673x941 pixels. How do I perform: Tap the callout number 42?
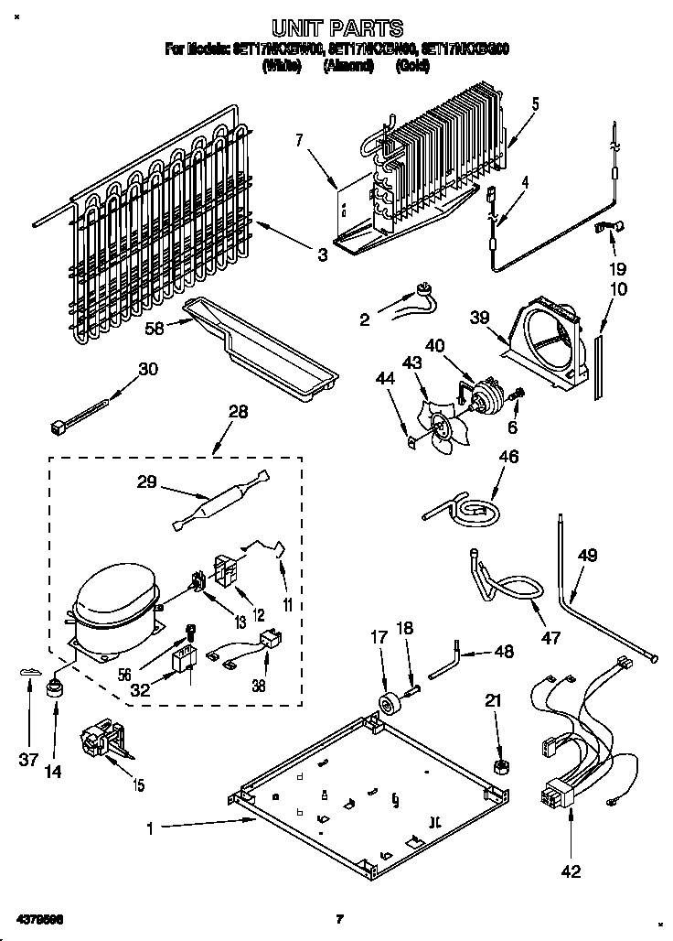click(x=570, y=872)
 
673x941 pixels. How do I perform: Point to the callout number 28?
click(x=238, y=413)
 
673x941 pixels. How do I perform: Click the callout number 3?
click(x=322, y=255)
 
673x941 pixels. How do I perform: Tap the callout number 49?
click(x=587, y=554)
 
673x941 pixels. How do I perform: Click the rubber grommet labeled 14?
click(x=55, y=687)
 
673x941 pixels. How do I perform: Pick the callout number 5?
click(x=535, y=103)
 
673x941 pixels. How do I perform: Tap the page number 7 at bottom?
click(x=338, y=918)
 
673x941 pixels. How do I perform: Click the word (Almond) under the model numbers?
click(x=348, y=67)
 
